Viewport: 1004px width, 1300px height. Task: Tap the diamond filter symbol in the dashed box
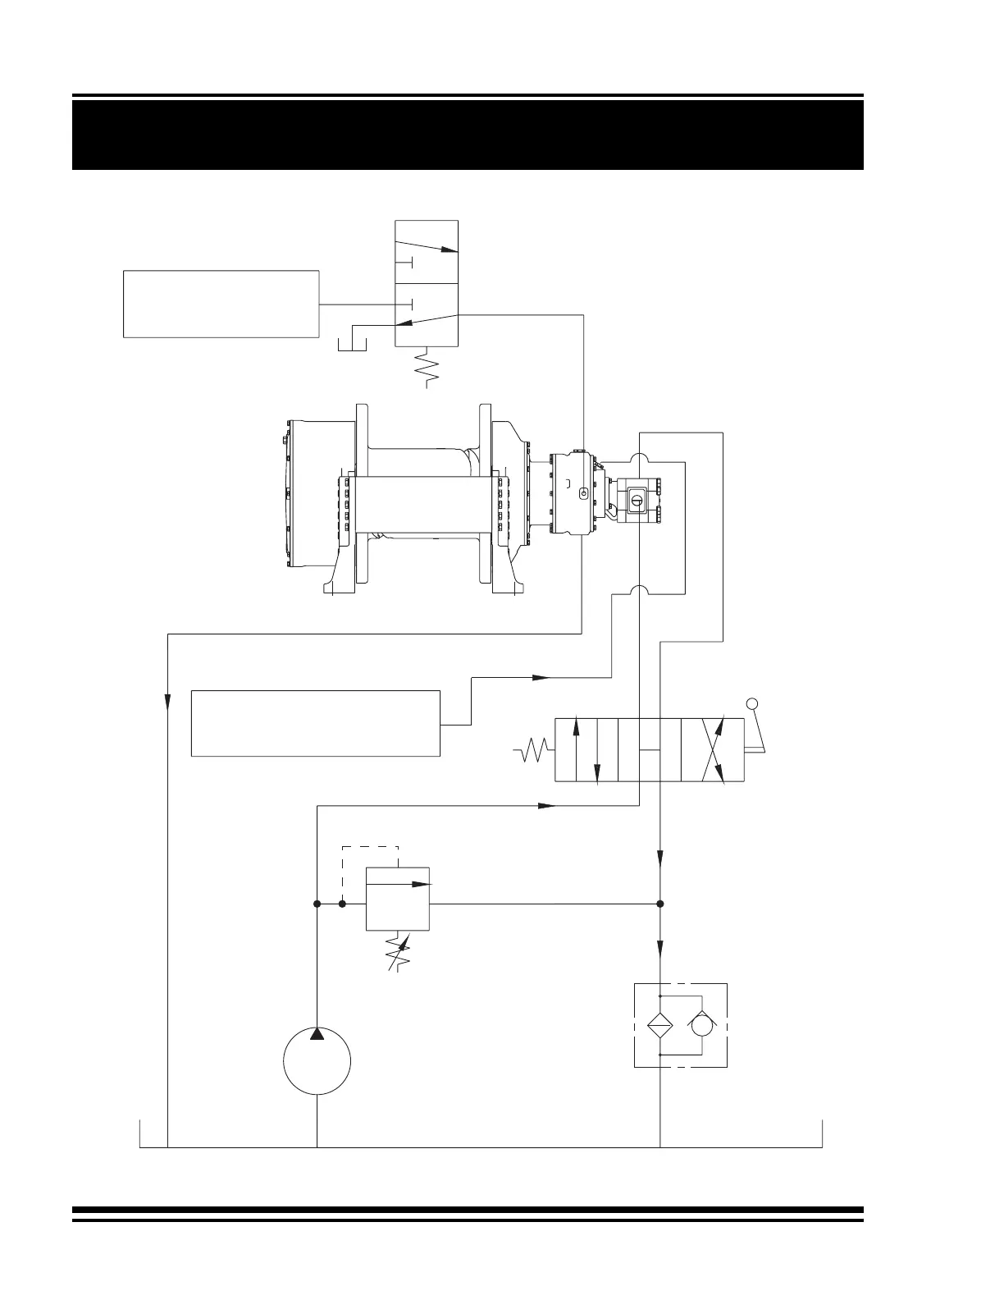click(660, 1025)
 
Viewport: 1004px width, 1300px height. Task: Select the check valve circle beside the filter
click(703, 1025)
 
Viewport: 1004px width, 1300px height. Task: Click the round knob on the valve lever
click(752, 703)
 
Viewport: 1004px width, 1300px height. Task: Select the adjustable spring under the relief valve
click(398, 951)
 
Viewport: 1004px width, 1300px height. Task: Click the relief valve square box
click(397, 899)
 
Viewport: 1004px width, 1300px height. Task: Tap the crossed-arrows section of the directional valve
click(713, 750)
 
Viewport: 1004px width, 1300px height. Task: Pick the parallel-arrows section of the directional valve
click(586, 750)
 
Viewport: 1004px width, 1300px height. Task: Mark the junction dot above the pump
click(317, 904)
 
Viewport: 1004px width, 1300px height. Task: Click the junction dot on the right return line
click(660, 904)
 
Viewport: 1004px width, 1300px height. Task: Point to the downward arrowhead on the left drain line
click(167, 703)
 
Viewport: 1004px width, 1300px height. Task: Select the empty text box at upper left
click(221, 303)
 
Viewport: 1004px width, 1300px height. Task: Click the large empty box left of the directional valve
click(316, 723)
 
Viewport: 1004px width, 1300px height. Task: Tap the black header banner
click(468, 135)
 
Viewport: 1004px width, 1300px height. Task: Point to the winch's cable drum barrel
click(423, 504)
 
